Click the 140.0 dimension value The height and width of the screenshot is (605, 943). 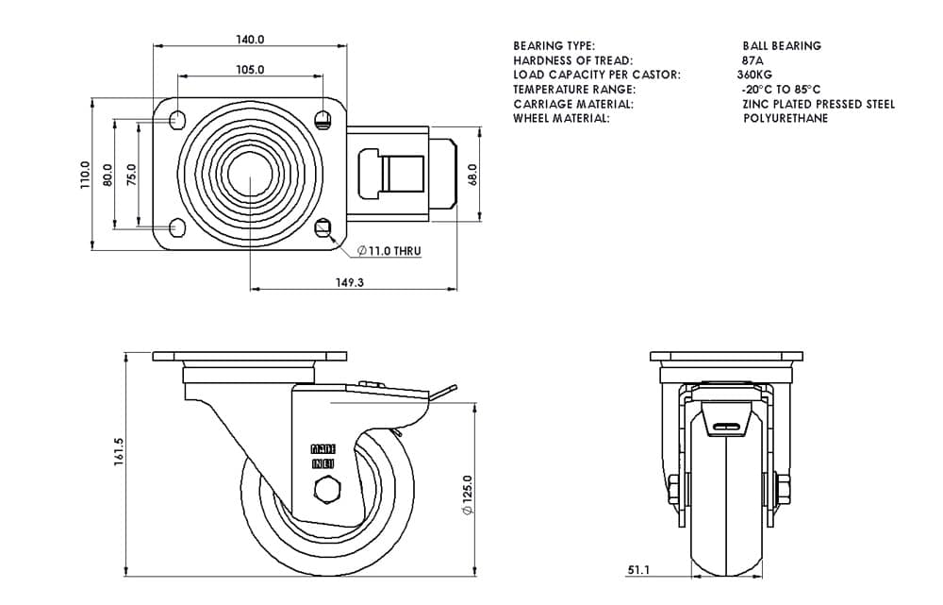tap(250, 40)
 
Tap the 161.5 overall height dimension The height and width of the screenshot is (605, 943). tap(119, 451)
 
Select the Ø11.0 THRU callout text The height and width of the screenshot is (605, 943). tap(389, 252)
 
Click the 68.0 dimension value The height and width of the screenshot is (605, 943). tap(474, 176)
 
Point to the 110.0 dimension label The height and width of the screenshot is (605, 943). tap(85, 175)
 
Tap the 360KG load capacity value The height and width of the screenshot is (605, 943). tap(755, 75)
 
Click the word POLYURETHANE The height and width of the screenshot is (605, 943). tap(786, 119)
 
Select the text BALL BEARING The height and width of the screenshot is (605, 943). tap(782, 45)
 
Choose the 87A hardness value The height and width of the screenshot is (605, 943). tap(753, 60)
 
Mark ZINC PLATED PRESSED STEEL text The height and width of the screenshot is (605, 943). tap(819, 104)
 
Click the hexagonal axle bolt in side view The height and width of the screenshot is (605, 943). tap(326, 491)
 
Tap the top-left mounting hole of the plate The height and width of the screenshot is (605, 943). tap(176, 120)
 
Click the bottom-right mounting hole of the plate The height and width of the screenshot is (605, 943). tap(324, 227)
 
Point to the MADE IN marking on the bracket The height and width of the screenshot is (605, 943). tap(323, 457)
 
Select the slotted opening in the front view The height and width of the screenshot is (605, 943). tap(727, 427)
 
